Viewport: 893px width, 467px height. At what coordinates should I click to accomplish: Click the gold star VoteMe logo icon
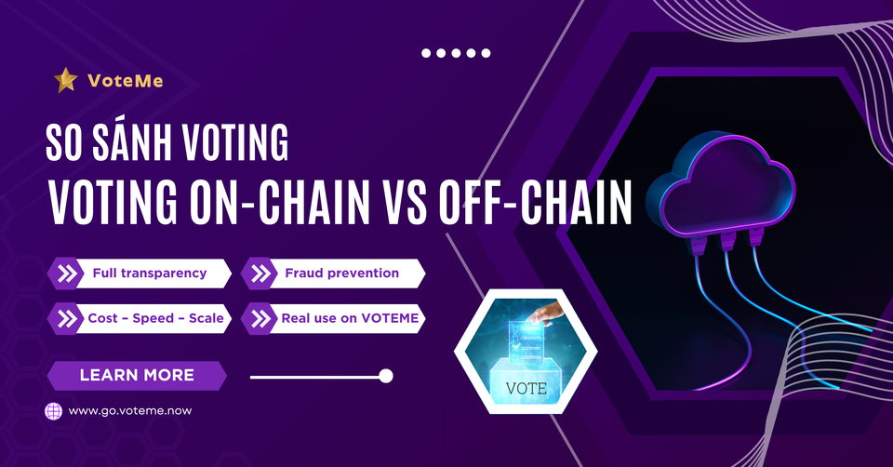coord(65,81)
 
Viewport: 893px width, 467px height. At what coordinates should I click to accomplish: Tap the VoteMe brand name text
coord(126,81)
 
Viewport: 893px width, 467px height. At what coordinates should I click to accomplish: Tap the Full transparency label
coord(149,274)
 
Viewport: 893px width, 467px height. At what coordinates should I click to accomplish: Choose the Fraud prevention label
coord(341,274)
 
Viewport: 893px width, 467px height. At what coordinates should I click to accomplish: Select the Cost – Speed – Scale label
coord(154,318)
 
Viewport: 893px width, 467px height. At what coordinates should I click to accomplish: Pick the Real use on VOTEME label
coord(353,318)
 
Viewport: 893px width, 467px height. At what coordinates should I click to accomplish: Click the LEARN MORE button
coord(137,375)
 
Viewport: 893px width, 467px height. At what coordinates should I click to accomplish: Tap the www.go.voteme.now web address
coord(130,410)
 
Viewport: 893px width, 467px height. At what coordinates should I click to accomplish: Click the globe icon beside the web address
coord(54,410)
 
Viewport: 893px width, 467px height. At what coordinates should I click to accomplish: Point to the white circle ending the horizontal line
coord(386,376)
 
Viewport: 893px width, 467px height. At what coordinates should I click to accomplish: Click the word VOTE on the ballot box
coord(526,387)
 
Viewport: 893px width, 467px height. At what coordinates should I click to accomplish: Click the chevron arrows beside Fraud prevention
coord(260,274)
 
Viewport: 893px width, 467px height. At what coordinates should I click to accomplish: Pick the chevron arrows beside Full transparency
coord(68,274)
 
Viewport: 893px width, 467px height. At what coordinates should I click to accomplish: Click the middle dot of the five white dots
coord(455,53)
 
